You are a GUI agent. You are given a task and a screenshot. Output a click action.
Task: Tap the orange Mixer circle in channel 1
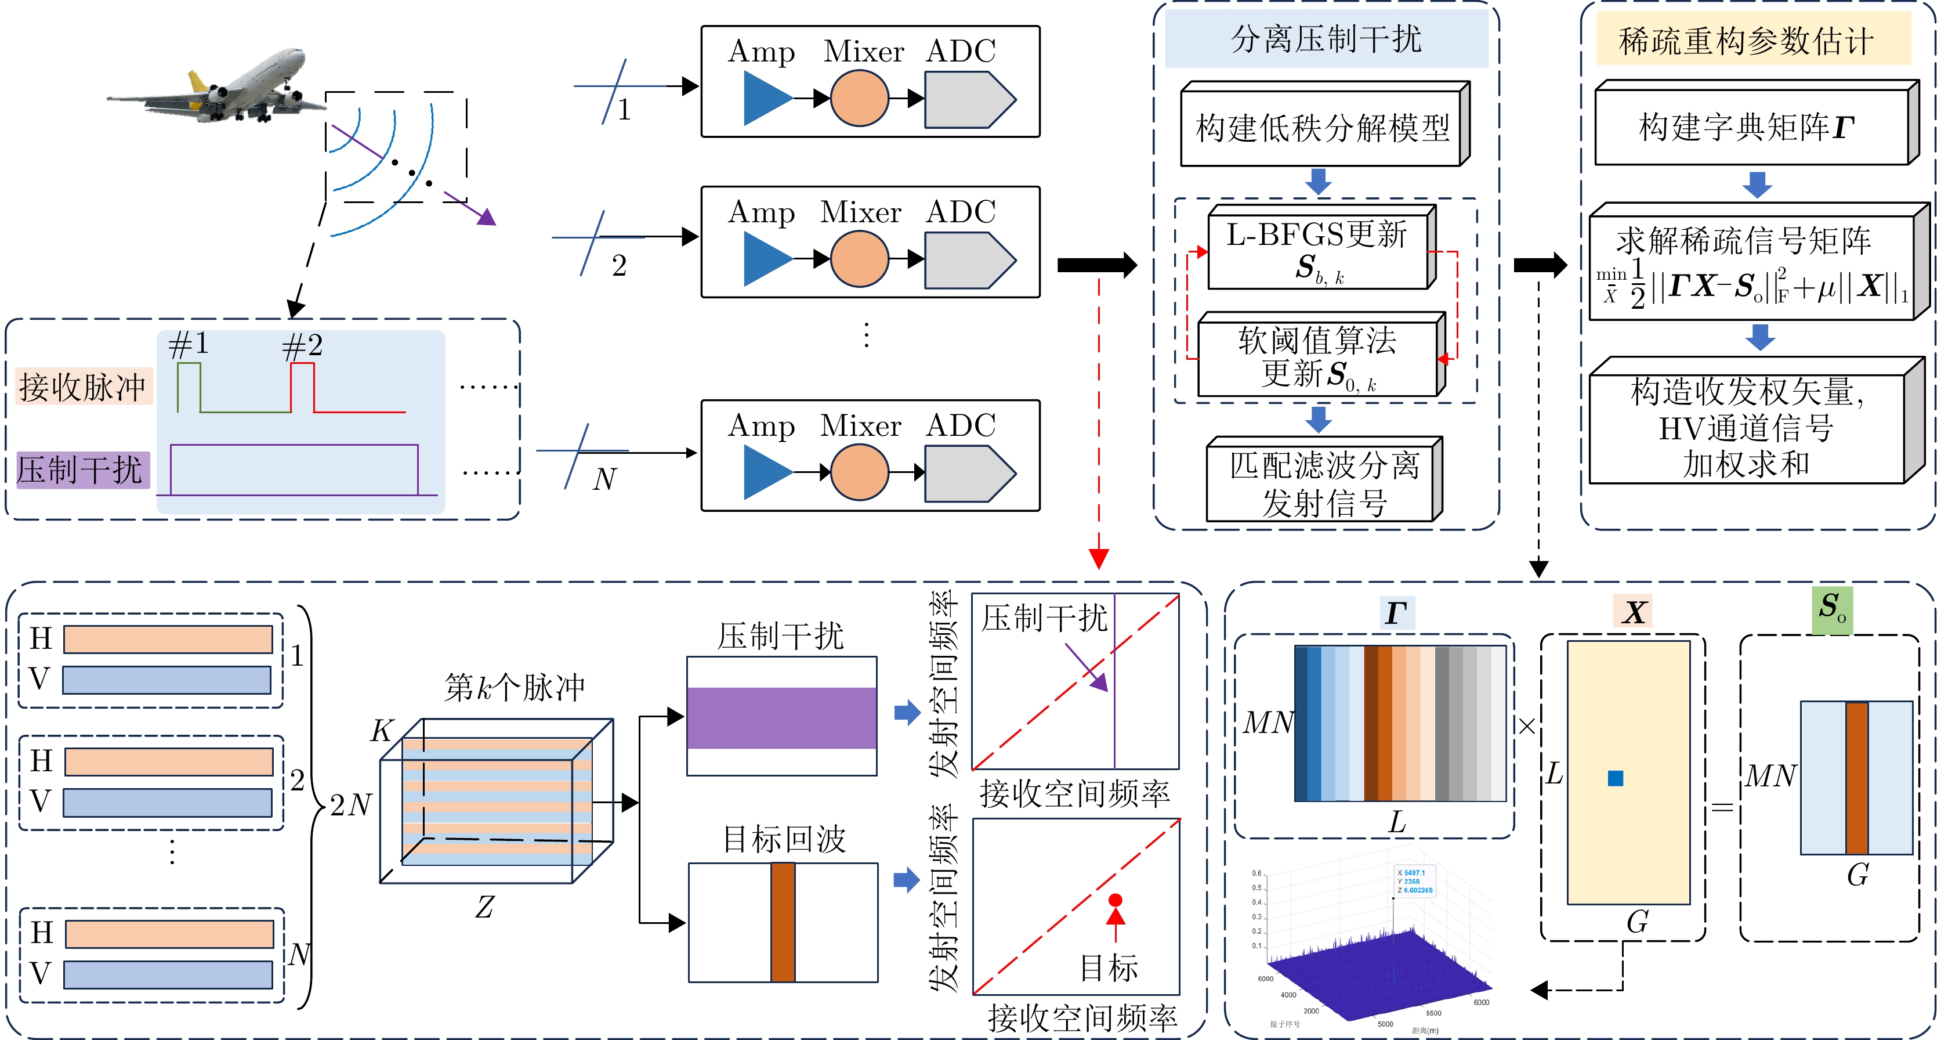coord(859,99)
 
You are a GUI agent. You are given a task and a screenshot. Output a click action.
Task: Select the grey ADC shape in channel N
coord(969,473)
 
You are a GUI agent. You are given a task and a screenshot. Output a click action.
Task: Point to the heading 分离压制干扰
coord(1326,39)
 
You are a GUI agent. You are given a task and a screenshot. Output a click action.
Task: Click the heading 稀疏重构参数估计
coord(1747,41)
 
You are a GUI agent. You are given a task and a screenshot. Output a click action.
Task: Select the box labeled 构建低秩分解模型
coord(1323,128)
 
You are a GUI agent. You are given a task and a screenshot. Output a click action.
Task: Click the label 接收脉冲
coord(83,387)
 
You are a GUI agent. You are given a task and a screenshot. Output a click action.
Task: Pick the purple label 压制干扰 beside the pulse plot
coord(81,470)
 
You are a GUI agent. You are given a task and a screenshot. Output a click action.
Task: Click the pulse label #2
coord(302,346)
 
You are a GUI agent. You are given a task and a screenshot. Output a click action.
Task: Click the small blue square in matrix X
coord(1615,778)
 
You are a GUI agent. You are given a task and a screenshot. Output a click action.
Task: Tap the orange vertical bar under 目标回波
coord(783,922)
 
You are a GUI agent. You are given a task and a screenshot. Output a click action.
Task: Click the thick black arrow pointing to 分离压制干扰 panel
coord(1097,265)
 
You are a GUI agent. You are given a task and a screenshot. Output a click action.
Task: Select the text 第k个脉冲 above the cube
coord(514,687)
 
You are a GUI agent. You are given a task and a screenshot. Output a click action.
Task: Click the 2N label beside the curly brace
coord(351,805)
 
